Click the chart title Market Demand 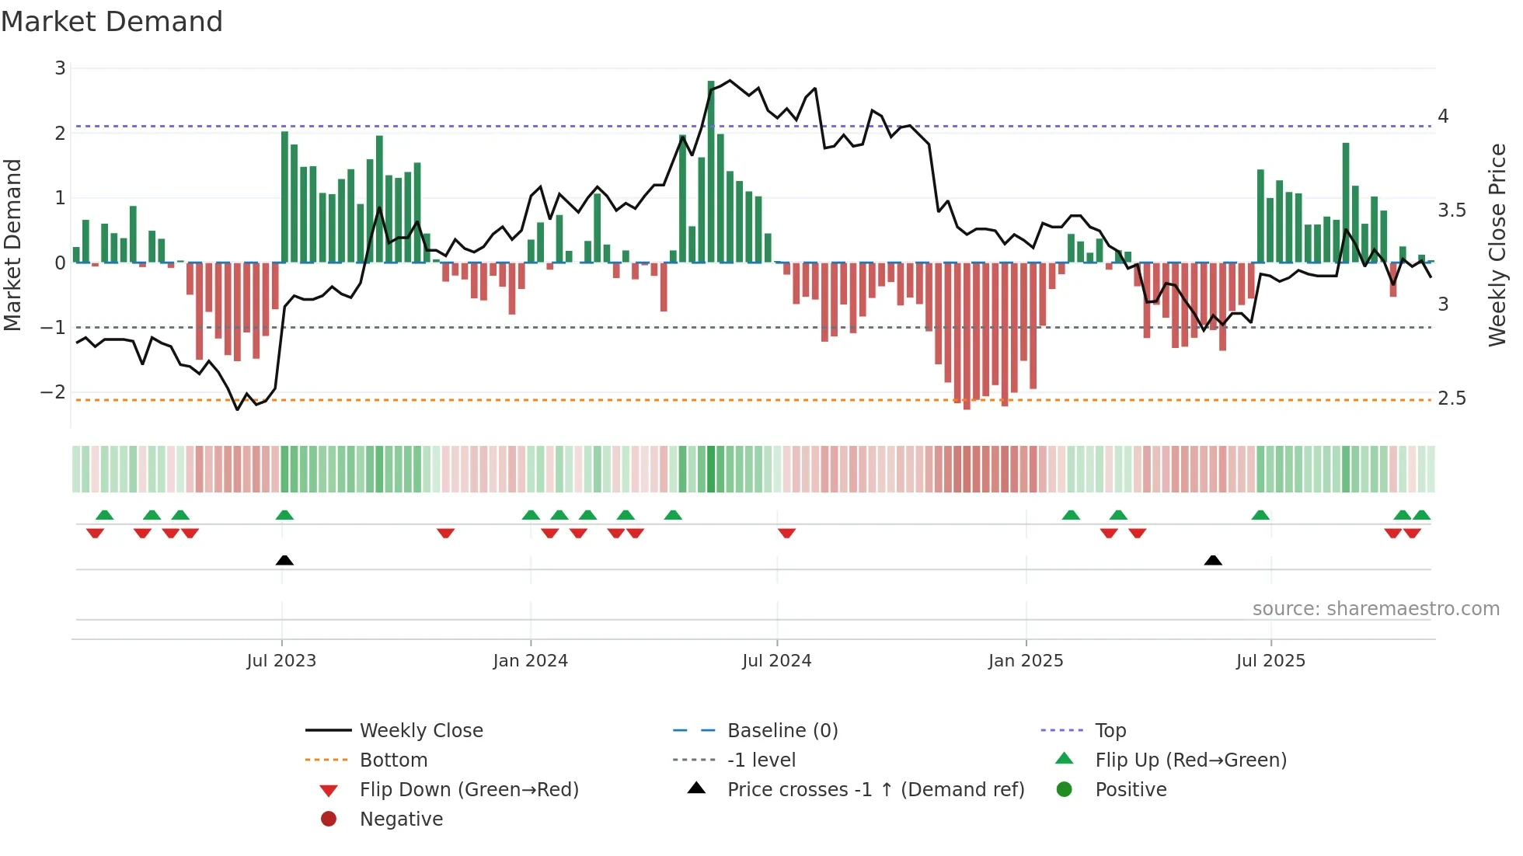pos(112,22)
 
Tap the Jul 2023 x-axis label pos(281,661)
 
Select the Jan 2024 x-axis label pos(531,661)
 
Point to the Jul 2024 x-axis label pos(777,661)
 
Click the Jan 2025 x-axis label pos(1026,661)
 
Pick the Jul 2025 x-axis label pos(1271,661)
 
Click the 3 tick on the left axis pos(60,68)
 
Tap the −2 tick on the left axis pos(54,392)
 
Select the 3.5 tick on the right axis pos(1452,211)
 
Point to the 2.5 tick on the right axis pos(1452,398)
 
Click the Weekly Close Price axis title pos(1497,245)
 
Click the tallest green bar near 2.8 pos(711,171)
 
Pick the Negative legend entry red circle pos(329,819)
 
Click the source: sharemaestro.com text pos(1375,609)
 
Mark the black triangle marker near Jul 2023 pos(284,560)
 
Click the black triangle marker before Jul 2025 pos(1213,560)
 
